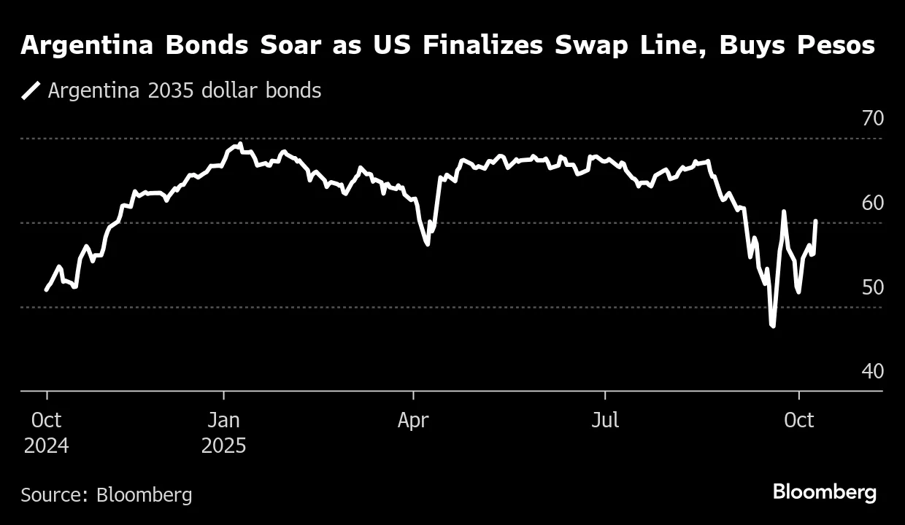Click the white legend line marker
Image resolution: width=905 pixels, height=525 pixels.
click(x=31, y=90)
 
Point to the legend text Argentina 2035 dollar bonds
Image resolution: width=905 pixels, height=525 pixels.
click(x=184, y=90)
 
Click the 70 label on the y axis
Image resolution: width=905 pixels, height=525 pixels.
click(x=872, y=118)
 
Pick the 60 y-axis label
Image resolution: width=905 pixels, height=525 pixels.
click(x=872, y=203)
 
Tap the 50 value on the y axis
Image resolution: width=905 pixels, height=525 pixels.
click(x=872, y=287)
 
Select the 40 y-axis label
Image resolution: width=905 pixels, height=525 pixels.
click(x=872, y=371)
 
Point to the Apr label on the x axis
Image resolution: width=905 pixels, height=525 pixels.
click(x=413, y=421)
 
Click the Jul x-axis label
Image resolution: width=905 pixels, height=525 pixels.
click(x=604, y=421)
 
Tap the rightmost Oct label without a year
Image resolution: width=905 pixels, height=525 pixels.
click(x=800, y=421)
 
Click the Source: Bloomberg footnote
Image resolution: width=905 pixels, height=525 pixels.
click(x=107, y=495)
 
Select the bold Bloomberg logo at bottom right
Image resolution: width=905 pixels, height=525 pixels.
click(x=825, y=492)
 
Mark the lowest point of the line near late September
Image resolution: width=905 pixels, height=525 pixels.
click(x=772, y=326)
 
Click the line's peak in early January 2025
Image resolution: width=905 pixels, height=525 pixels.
click(x=240, y=144)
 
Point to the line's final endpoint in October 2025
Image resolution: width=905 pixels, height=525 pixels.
click(x=815, y=221)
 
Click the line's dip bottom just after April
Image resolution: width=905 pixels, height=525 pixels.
click(x=427, y=244)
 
